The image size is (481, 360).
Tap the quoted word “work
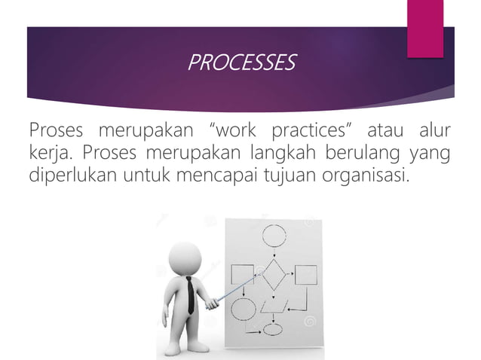point(245,134)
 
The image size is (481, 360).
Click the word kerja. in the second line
point(51,156)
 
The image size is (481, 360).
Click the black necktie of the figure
point(190,294)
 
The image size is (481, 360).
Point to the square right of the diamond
point(305,276)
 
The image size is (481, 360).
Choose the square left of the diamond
point(243,276)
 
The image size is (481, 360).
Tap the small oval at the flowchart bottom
point(272,328)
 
